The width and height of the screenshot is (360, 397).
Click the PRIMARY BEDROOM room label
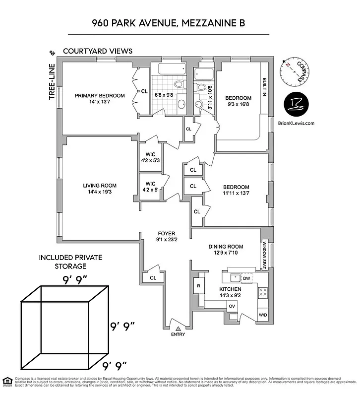point(100,96)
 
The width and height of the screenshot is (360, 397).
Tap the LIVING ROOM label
point(100,186)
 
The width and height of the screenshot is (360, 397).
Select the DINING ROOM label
point(226,246)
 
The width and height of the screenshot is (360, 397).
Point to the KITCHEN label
point(231,289)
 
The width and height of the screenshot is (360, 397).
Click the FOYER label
point(166,233)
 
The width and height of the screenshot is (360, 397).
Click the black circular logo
point(297,104)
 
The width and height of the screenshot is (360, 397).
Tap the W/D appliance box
point(263,315)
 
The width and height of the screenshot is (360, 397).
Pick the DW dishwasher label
point(246,278)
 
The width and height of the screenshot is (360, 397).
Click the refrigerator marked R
point(198,286)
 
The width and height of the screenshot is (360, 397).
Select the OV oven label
point(232,306)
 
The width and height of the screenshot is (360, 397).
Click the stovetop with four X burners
point(263,293)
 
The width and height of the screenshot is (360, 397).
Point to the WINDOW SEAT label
point(265,255)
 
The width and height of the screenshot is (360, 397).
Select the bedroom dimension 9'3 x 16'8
point(239,105)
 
